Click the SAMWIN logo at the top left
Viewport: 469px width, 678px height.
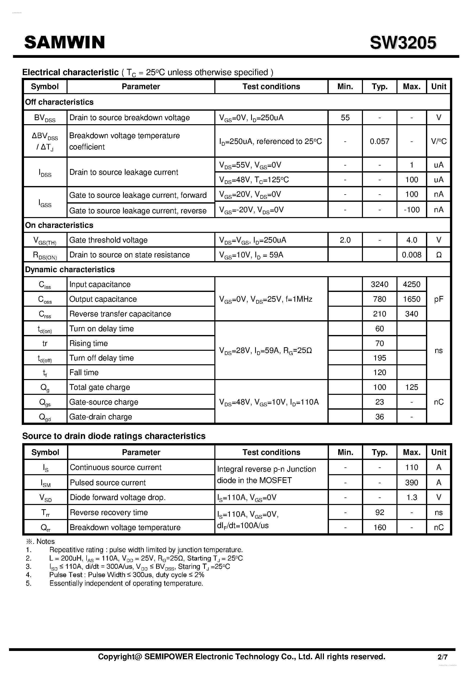pyautogui.click(x=64, y=42)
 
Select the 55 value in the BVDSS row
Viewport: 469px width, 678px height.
pyautogui.click(x=345, y=118)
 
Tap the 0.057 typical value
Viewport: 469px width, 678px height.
pyautogui.click(x=379, y=141)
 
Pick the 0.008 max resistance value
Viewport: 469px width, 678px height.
pyautogui.click(x=411, y=255)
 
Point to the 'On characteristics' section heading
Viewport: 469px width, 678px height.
pyautogui.click(x=59, y=225)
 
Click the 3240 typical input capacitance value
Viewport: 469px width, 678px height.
pyautogui.click(x=379, y=284)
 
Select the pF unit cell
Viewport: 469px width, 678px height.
pyautogui.click(x=438, y=299)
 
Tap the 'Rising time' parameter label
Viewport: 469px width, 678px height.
pyautogui.click(x=89, y=343)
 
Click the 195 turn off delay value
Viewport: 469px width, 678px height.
pyautogui.click(x=379, y=358)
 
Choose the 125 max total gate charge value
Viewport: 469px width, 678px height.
pyautogui.click(x=411, y=387)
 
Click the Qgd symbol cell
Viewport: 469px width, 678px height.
pyautogui.click(x=45, y=417)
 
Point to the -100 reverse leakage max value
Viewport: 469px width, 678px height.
pyautogui.click(x=411, y=210)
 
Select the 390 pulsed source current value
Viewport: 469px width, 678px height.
pyautogui.click(x=411, y=483)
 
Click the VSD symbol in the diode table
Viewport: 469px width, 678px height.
pyautogui.click(x=46, y=498)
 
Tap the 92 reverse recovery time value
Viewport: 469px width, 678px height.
pyautogui.click(x=379, y=513)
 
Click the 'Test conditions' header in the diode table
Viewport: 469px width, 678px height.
pyautogui.click(x=271, y=452)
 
